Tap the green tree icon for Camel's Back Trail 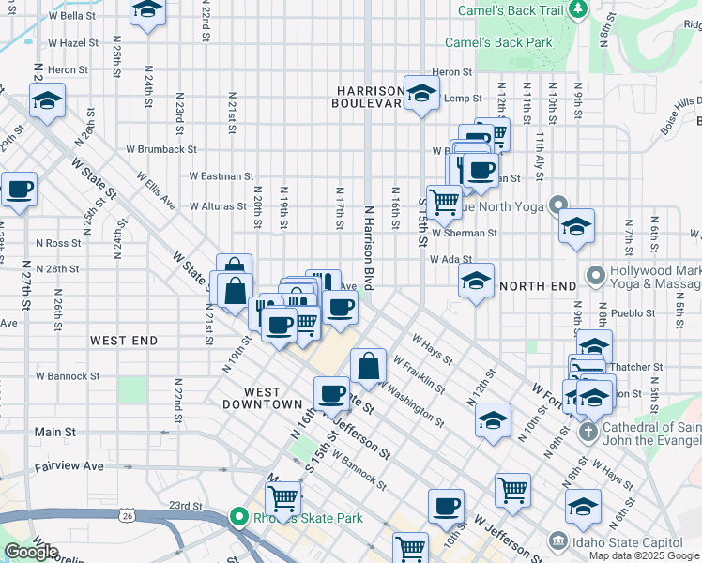pyautogui.click(x=578, y=9)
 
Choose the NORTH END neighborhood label pyautogui.click(x=539, y=285)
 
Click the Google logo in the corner pyautogui.click(x=30, y=552)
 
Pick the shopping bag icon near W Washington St pyautogui.click(x=369, y=365)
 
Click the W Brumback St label pyautogui.click(x=160, y=149)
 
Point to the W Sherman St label pyautogui.click(x=465, y=233)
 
